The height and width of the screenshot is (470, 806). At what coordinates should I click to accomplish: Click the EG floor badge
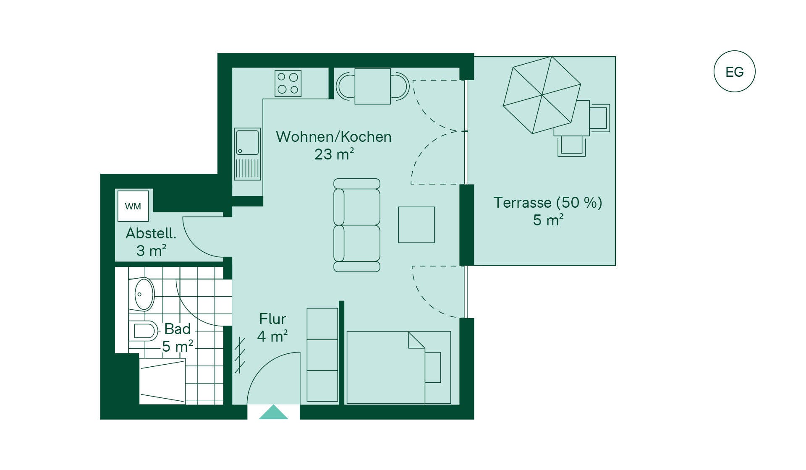click(x=734, y=71)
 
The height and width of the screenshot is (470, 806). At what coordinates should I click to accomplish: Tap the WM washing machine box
click(x=133, y=206)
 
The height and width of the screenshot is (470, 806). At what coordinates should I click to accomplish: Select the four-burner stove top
click(x=288, y=84)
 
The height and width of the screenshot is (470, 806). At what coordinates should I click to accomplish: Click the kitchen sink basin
click(x=247, y=142)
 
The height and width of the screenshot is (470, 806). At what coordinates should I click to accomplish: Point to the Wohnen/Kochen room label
click(x=334, y=137)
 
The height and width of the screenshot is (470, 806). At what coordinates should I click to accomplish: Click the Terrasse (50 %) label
click(x=548, y=203)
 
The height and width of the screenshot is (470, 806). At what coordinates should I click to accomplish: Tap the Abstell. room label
click(x=151, y=233)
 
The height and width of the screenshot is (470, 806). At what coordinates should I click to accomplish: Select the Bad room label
click(x=178, y=329)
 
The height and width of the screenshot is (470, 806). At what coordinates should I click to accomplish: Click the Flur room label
click(x=272, y=319)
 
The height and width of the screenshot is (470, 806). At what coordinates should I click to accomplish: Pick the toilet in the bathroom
click(x=143, y=331)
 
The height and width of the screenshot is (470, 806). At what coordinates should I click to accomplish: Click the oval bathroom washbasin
click(x=144, y=294)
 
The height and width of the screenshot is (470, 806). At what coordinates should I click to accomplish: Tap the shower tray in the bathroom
click(x=162, y=381)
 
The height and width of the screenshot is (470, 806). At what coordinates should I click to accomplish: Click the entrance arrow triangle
click(x=273, y=412)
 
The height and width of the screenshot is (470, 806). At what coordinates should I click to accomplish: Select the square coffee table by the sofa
click(x=416, y=225)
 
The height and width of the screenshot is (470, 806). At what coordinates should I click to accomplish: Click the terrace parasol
click(x=542, y=95)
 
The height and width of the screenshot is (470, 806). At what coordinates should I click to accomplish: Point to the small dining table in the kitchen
click(x=373, y=86)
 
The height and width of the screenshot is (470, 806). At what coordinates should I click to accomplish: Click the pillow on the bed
click(x=433, y=368)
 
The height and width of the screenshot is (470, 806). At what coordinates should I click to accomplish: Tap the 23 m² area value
click(x=334, y=154)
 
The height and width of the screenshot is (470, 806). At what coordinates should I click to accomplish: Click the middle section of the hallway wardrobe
click(x=322, y=355)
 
